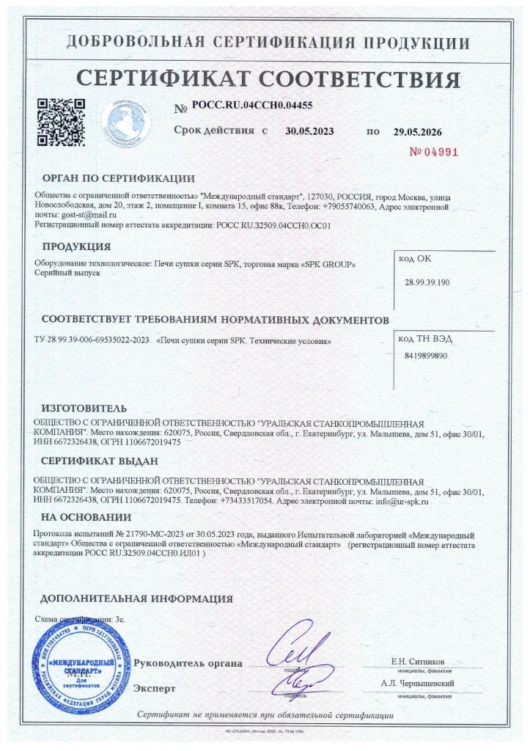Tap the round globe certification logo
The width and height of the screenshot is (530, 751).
125,120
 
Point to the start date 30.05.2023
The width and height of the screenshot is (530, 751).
309,132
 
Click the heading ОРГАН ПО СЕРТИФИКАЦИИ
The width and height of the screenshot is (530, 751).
118,178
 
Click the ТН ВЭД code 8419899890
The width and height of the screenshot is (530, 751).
425,356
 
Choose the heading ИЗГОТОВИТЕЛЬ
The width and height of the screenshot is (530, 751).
84,408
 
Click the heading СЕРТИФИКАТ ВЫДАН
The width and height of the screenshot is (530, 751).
99,461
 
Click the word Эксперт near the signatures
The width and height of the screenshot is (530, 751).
155,689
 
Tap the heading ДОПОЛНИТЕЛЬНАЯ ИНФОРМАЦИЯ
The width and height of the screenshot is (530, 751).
137,598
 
